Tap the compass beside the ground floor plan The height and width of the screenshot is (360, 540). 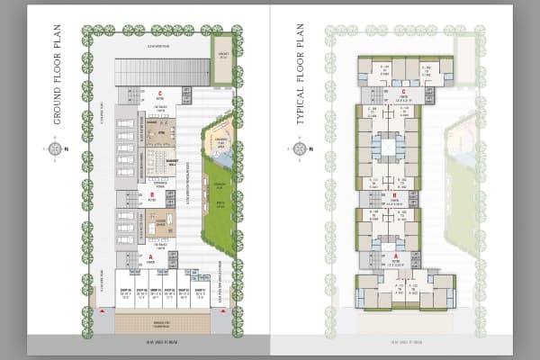tap(55, 148)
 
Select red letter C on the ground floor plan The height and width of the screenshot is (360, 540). tap(158, 93)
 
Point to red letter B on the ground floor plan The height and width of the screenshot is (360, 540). tap(152, 193)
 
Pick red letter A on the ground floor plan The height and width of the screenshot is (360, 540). tap(151, 256)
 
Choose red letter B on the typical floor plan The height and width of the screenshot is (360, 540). tap(394, 194)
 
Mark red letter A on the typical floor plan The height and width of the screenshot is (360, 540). tap(395, 255)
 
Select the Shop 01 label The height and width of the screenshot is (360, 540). tap(199, 292)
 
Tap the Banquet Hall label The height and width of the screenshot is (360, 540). tap(172, 163)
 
